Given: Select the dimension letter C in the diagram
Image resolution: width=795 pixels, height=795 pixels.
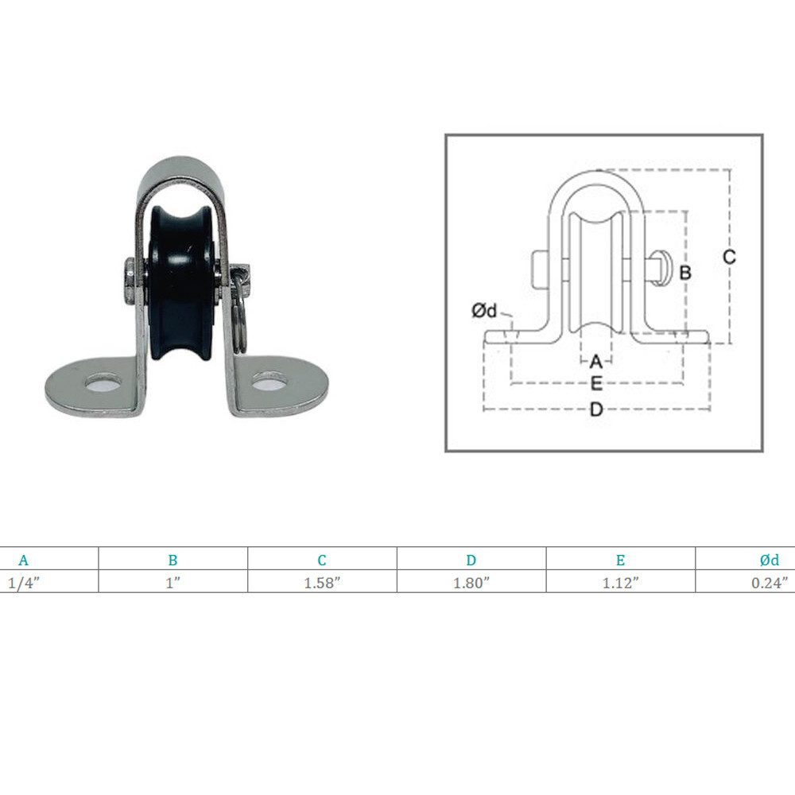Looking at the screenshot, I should click(729, 257).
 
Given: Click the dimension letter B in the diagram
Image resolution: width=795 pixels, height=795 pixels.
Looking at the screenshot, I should click(685, 273).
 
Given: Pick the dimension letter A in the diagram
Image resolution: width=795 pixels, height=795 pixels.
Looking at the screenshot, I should click(595, 362).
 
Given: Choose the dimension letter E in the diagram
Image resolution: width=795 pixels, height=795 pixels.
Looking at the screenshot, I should click(596, 384).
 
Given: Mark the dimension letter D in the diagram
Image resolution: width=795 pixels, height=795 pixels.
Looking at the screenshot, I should click(596, 410).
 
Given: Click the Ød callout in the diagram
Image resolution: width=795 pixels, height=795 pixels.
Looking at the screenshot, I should click(485, 312).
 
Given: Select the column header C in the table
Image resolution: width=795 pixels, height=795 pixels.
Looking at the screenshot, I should click(322, 560).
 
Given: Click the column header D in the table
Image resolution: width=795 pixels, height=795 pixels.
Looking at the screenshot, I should click(471, 560).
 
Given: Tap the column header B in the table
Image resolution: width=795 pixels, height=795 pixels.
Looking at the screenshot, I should click(173, 560).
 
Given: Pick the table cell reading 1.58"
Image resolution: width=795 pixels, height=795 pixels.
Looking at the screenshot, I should click(322, 583).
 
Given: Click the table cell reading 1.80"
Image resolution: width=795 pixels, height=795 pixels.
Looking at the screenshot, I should click(471, 583).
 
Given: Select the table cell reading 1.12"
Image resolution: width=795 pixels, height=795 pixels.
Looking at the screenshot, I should click(621, 583).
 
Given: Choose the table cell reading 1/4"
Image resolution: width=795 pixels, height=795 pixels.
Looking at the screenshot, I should click(24, 583).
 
